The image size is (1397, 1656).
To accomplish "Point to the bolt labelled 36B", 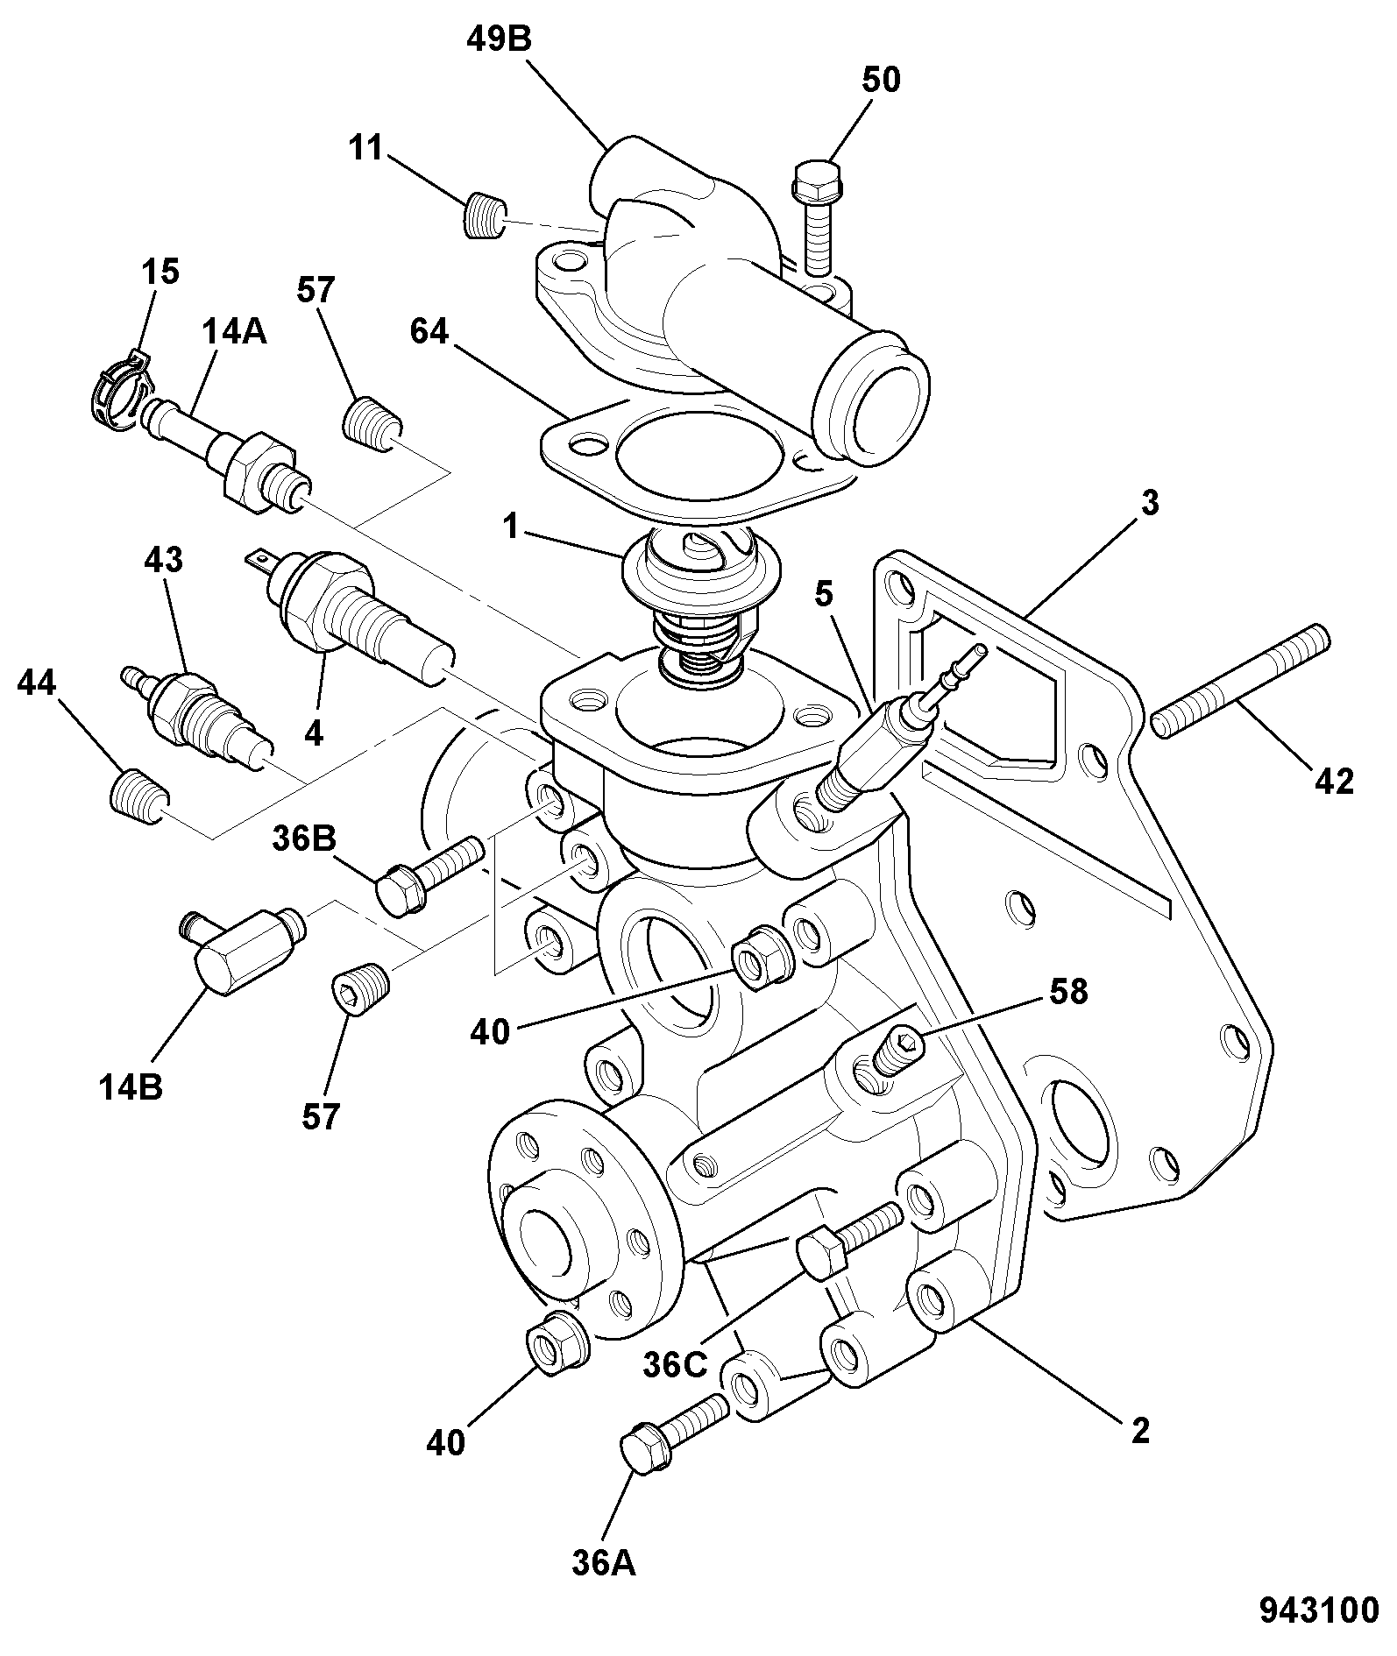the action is (429, 875).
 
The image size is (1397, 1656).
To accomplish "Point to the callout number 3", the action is (1150, 503).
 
